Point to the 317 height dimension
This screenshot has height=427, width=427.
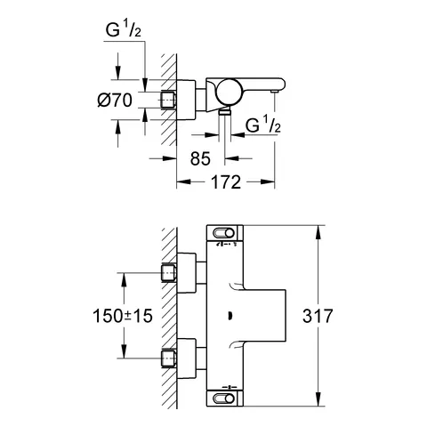[343, 316]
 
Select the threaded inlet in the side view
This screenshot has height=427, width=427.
[166, 100]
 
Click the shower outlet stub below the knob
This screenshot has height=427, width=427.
[226, 112]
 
